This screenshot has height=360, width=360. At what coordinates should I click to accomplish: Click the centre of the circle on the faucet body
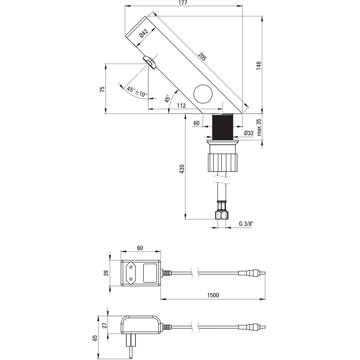203,94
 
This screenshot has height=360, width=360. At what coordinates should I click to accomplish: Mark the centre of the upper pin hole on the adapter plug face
131,267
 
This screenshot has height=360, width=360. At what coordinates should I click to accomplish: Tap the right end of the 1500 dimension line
265,299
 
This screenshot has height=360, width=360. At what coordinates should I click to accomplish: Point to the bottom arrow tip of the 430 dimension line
185,219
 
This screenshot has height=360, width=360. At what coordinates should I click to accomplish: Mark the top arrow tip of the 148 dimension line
263,16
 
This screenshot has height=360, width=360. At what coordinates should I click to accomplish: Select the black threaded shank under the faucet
223,127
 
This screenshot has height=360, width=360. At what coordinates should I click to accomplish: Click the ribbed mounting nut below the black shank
223,162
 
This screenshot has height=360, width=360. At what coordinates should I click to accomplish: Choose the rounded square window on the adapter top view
150,273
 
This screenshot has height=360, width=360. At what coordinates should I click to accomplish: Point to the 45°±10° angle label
137,91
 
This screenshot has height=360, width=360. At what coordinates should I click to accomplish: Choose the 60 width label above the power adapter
140,248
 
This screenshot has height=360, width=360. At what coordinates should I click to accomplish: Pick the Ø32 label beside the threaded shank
249,133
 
